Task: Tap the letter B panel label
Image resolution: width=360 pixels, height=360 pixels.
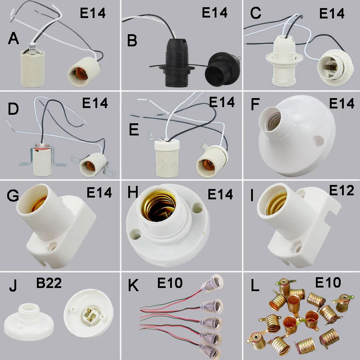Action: pos(132,40)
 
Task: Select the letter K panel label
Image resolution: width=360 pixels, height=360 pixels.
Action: pos(132,286)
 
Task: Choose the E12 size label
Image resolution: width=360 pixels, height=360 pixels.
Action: pos(342,190)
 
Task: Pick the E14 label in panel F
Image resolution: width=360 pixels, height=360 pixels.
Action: pos(342,103)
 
